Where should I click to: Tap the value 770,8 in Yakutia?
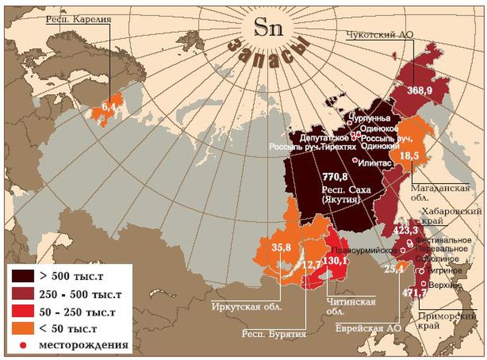[x=335, y=177]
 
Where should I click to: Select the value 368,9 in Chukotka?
[x=419, y=90]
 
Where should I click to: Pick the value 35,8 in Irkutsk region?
[x=278, y=248]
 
